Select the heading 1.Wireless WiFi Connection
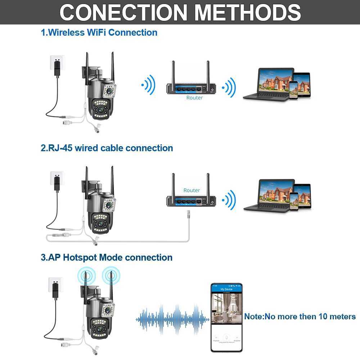[x=99, y=32]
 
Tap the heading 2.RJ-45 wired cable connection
[x=107, y=148]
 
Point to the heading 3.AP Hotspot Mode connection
[x=107, y=257]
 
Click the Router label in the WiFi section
[x=194, y=98]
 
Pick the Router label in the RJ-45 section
[x=192, y=190]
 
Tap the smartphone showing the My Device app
[x=226, y=317]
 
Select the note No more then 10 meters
[x=300, y=317]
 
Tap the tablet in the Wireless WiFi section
[x=301, y=85]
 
